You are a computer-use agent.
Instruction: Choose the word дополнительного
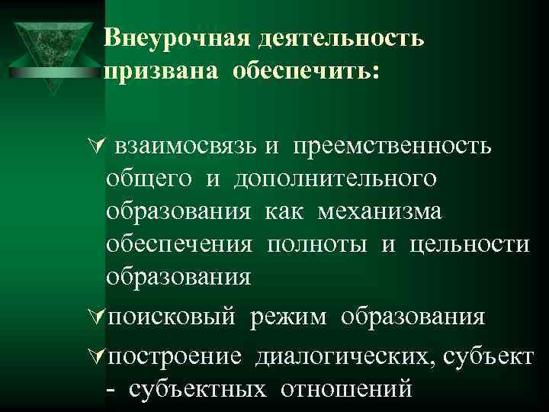pos(335,179)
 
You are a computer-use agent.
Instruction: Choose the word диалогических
pos(343,356)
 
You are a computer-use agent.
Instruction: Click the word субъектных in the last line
pos(198,389)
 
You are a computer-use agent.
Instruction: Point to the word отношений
pos(347,389)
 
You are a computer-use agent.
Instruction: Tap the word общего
pos(149,180)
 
